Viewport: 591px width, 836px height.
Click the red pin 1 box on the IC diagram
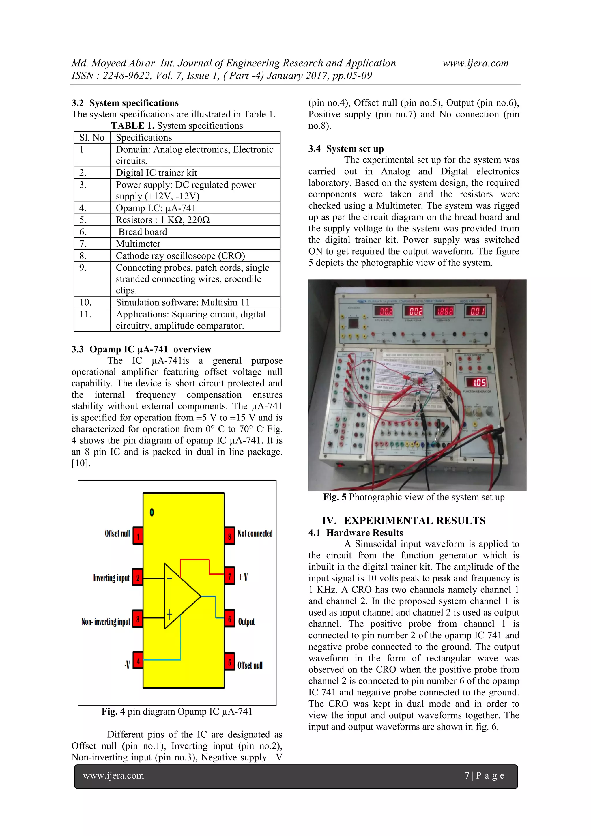point(138,536)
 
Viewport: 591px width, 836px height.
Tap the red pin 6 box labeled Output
point(229,619)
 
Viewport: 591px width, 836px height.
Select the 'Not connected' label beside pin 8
point(255,533)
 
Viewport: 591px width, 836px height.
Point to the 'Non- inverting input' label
point(106,622)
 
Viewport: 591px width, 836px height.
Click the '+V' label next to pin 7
point(243,577)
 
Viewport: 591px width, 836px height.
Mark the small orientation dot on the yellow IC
point(152,512)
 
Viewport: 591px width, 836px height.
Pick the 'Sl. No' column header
point(92,138)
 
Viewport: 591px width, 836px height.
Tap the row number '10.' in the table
point(85,302)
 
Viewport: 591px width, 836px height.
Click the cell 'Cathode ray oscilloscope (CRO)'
point(180,256)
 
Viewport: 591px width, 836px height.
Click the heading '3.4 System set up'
point(346,149)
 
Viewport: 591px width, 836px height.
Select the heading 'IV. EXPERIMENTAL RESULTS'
point(403,521)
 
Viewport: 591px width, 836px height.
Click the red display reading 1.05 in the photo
point(480,383)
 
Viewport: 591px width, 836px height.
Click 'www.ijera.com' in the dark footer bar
point(113,776)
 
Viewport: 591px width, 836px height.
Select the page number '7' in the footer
point(467,776)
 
